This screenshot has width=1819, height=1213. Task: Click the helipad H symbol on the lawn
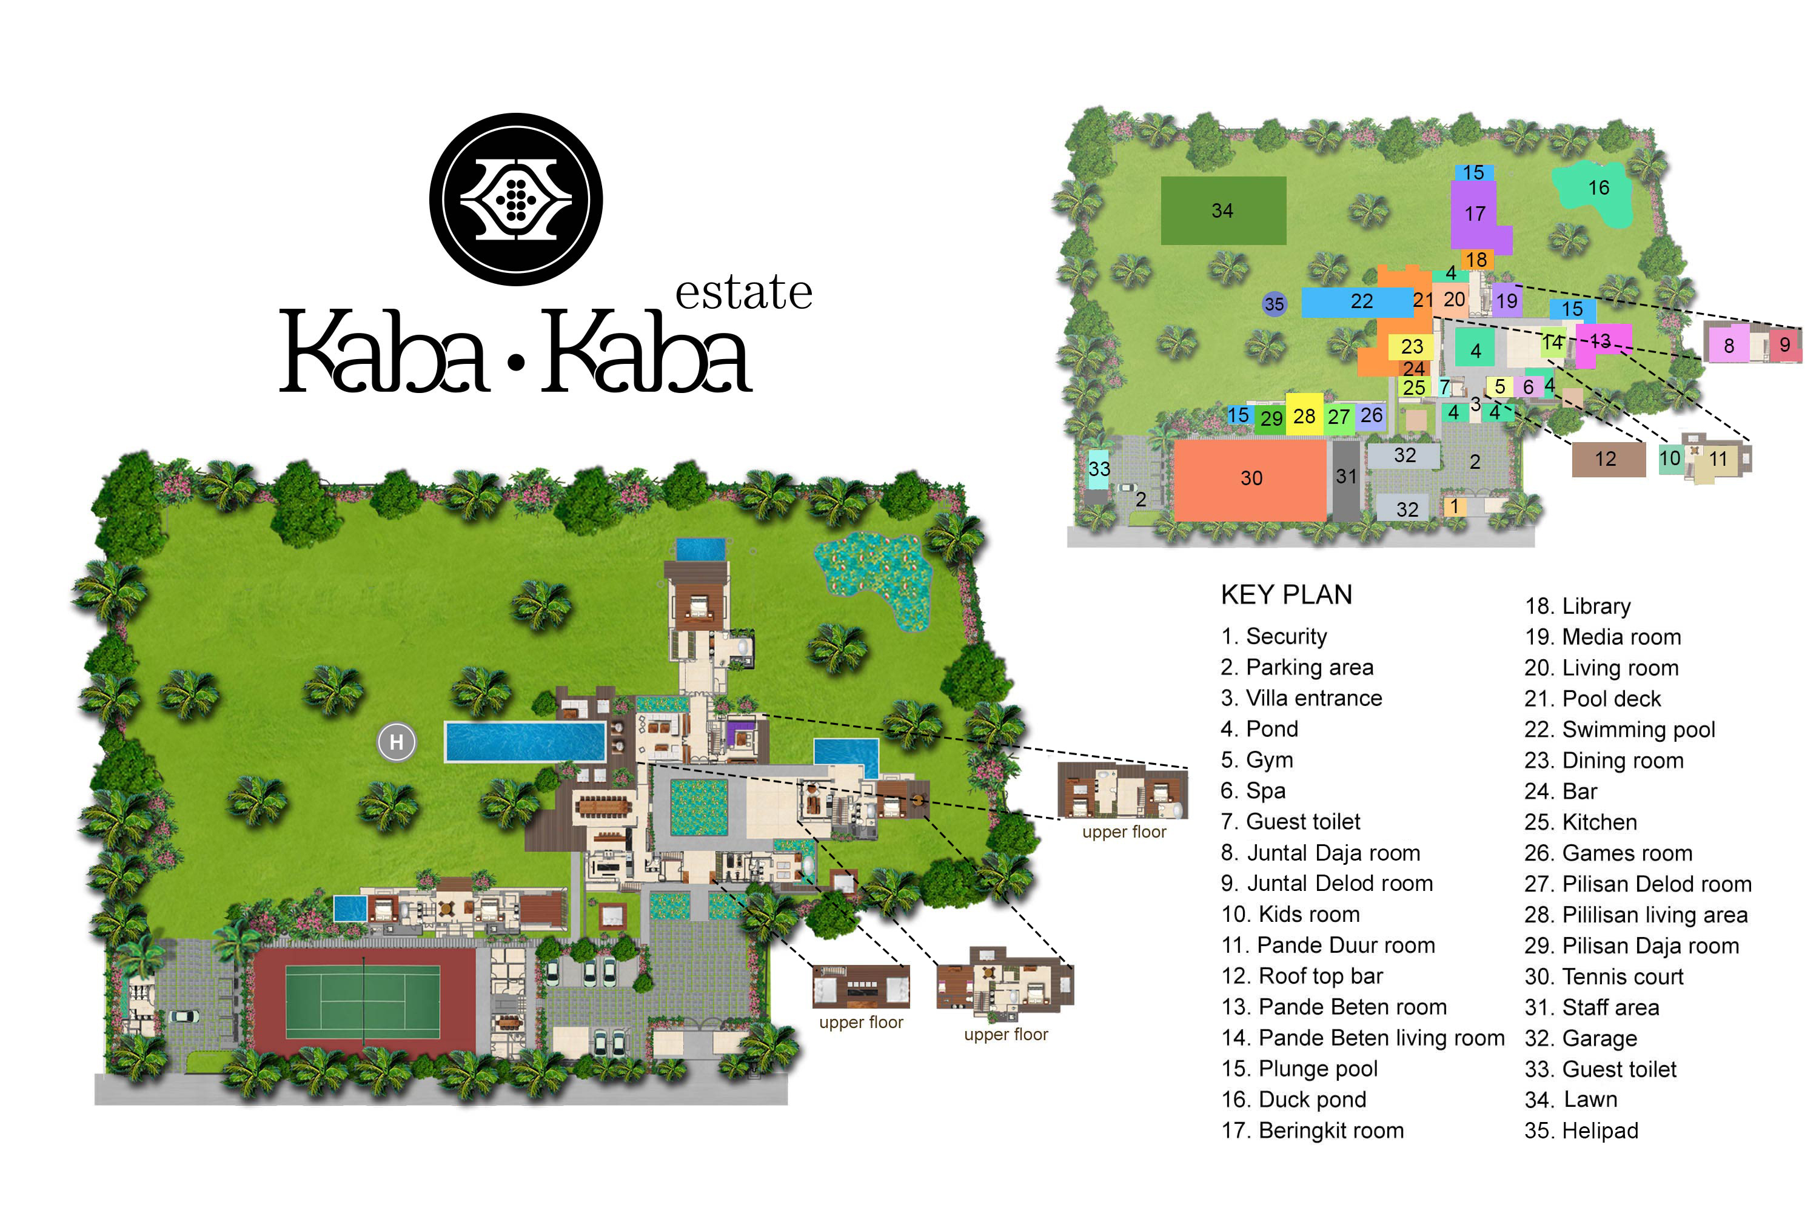[x=397, y=742]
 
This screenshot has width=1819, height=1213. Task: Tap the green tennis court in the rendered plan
[x=363, y=1003]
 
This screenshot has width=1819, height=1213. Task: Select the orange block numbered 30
[x=1250, y=479]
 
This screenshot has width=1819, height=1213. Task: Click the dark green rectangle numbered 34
[x=1223, y=210]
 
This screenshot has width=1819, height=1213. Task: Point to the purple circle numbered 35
[x=1274, y=304]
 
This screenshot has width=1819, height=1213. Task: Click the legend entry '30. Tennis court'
[x=1603, y=977]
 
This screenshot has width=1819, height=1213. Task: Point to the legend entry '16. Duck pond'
[x=1293, y=1099]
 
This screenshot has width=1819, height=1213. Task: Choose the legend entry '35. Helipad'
[x=1581, y=1131]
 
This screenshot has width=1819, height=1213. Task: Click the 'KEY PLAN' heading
[x=1286, y=595]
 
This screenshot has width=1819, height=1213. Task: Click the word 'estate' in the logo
[x=743, y=292]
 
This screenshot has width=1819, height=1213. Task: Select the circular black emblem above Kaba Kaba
[x=516, y=200]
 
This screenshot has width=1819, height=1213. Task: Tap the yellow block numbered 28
[x=1304, y=415]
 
